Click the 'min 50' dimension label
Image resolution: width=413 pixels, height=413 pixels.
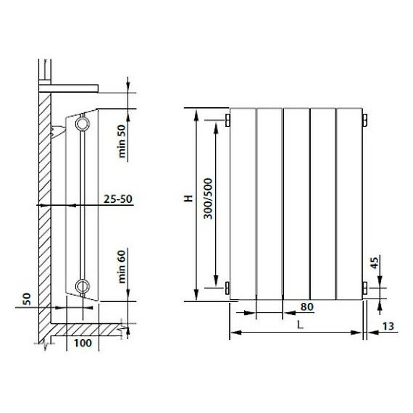point(122,141)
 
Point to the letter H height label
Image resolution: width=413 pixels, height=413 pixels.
point(188,197)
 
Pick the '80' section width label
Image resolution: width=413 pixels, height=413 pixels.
point(306,306)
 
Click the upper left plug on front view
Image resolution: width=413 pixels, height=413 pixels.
point(227,119)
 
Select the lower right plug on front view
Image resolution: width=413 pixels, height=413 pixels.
point(364,288)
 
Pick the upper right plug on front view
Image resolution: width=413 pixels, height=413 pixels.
point(364,119)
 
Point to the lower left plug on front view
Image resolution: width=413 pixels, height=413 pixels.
point(227,288)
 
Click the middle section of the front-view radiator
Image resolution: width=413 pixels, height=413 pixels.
point(296,203)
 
